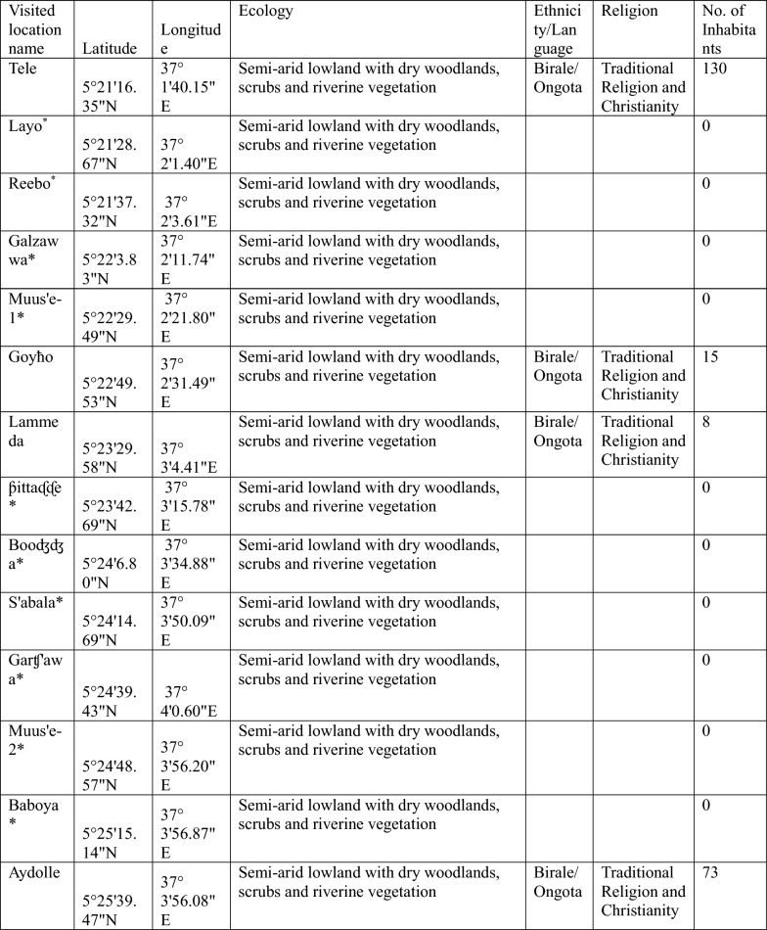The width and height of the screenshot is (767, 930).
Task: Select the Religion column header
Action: pos(629,12)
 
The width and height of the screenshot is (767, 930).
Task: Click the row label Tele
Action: pos(22,69)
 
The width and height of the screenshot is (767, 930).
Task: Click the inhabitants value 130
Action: pos(715,69)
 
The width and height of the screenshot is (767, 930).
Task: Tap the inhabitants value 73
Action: pos(710,871)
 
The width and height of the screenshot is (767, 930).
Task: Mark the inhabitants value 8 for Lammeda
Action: pos(707,422)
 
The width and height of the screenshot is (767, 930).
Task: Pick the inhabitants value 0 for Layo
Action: pos(707,126)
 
